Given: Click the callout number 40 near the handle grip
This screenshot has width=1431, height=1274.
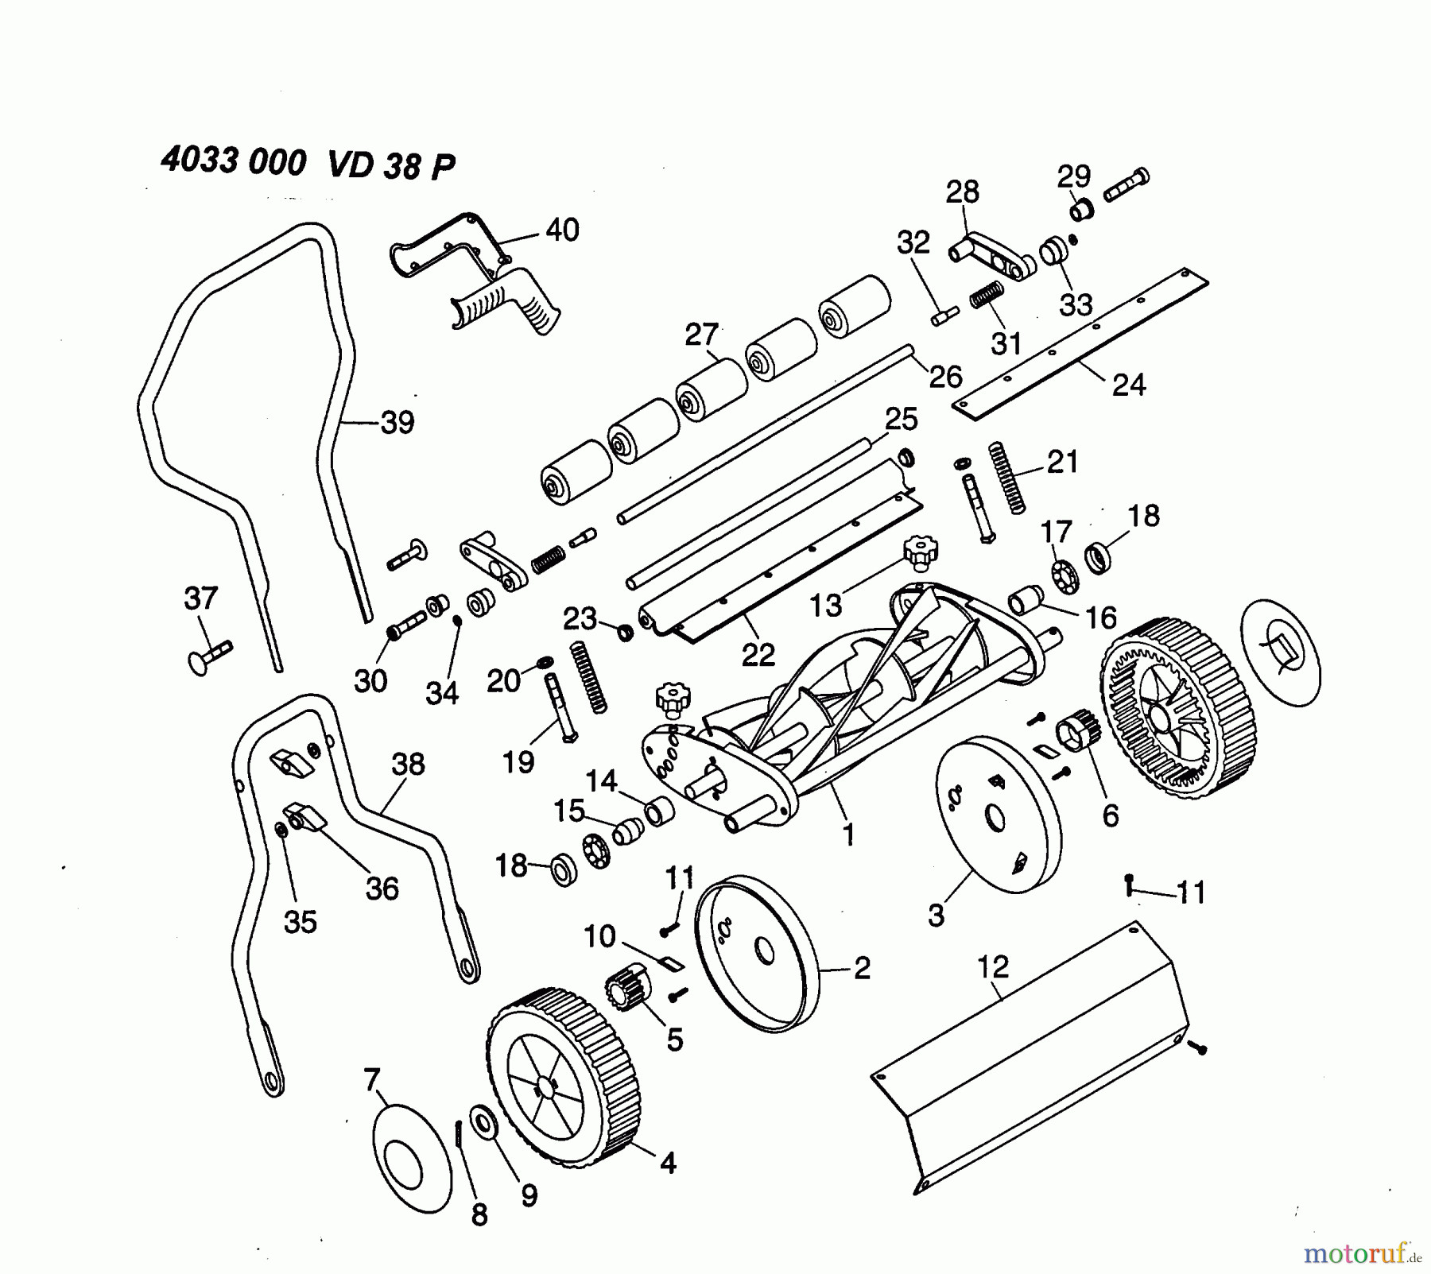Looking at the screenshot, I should click(x=562, y=230).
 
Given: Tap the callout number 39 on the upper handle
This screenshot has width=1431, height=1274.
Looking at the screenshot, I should click(x=397, y=422).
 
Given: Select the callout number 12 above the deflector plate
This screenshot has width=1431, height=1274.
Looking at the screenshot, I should click(x=993, y=966).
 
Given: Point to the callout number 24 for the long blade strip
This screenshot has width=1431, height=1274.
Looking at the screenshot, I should click(x=1129, y=385).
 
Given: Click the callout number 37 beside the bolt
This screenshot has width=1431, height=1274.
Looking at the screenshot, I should click(x=200, y=598).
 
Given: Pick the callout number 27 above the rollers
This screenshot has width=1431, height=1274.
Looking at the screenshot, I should click(x=701, y=335).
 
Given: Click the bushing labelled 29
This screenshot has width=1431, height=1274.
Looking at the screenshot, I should click(x=1082, y=211).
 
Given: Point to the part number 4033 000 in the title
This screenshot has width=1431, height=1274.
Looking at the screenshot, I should click(x=233, y=162).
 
